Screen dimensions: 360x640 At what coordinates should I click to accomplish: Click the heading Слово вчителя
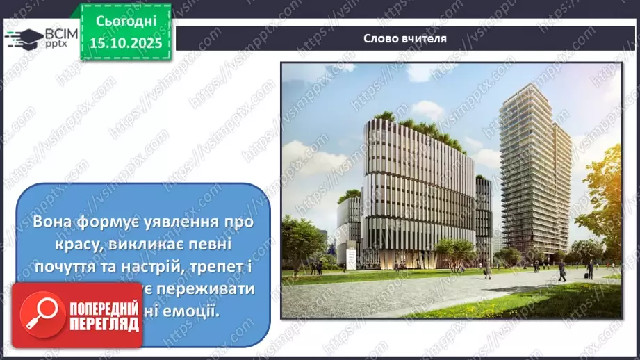[405, 38]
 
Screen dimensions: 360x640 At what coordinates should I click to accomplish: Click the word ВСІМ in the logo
[59, 33]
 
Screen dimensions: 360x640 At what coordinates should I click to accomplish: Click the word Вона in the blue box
[51, 222]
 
